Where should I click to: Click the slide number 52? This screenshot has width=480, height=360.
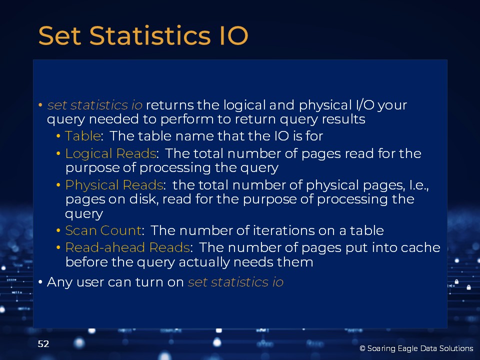(43, 344)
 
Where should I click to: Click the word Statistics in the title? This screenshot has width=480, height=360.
(150, 36)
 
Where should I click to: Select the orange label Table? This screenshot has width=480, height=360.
(83, 136)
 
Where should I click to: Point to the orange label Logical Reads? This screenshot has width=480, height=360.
(111, 154)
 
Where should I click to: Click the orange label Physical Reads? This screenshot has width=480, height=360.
(114, 185)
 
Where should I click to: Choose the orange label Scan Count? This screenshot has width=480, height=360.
(103, 230)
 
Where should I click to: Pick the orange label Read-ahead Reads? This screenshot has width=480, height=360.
(127, 247)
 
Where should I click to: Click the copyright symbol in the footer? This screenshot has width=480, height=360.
(362, 348)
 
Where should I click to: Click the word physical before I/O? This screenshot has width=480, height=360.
(325, 105)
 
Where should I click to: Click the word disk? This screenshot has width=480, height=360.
(143, 199)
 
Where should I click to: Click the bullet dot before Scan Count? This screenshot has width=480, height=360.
(58, 230)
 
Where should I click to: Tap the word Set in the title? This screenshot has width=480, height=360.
(59, 36)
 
